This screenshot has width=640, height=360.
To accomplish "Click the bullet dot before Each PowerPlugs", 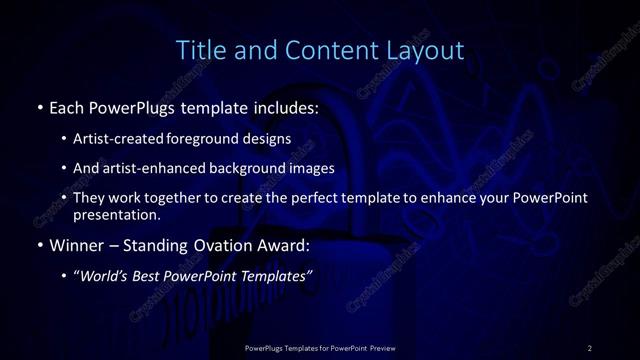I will (x=39, y=106).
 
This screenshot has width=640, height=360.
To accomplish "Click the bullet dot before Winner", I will (x=39, y=245).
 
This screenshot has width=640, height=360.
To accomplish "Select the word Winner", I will (x=76, y=245).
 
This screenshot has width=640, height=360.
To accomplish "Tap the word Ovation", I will (x=227, y=245).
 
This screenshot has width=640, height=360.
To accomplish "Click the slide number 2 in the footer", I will (x=590, y=348).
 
